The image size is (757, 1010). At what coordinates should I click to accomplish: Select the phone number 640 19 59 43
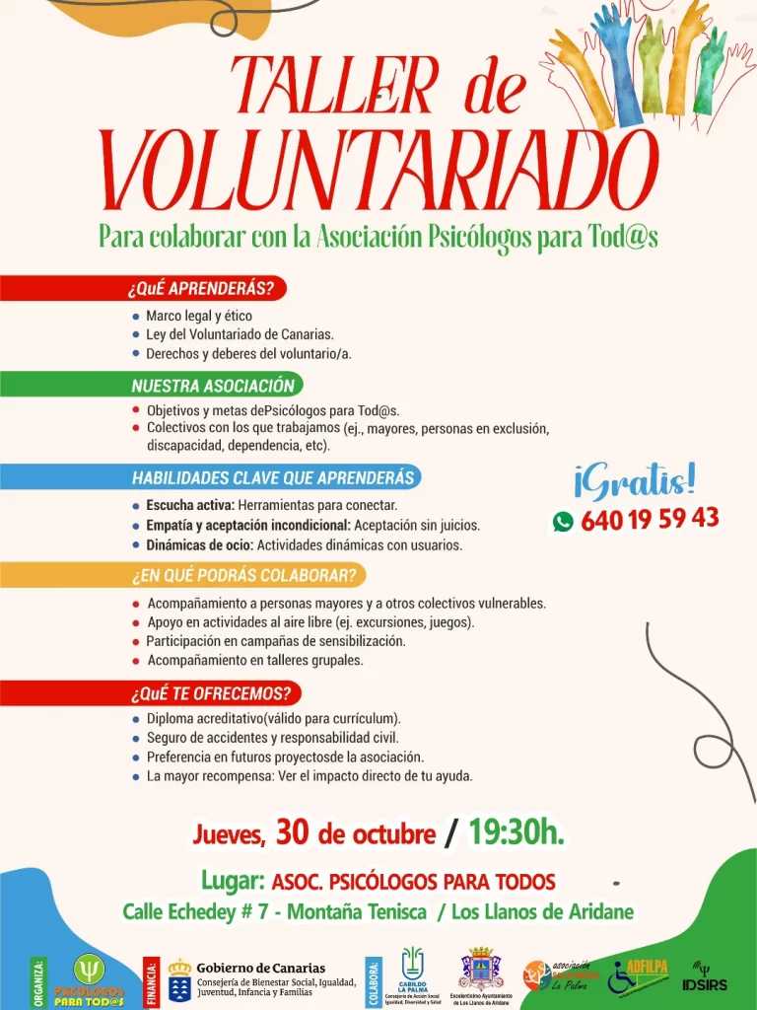click(x=650, y=519)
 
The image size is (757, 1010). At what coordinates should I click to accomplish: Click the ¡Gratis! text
click(x=634, y=481)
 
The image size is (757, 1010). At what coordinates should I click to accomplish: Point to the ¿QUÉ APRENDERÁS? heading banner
click(x=205, y=289)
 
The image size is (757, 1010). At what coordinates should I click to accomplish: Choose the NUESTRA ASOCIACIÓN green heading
click(x=213, y=385)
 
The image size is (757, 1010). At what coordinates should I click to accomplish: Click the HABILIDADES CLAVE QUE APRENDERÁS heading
click(x=272, y=478)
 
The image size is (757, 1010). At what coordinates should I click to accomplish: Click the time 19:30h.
click(x=516, y=833)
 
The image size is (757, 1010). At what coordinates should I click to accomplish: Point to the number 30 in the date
click(x=294, y=833)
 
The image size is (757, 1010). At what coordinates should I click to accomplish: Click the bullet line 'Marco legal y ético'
click(x=199, y=317)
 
